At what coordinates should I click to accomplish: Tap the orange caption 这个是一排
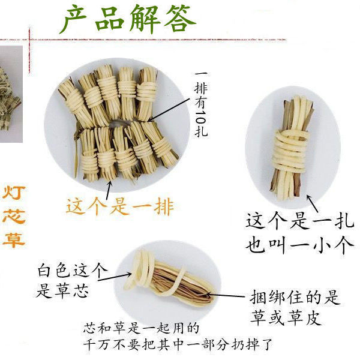[x=120, y=206]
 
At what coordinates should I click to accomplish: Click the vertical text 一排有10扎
[x=201, y=104]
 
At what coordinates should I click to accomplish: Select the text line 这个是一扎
[x=299, y=221]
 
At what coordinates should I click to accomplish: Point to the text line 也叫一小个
[x=299, y=245]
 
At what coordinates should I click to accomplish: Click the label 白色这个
[x=73, y=270]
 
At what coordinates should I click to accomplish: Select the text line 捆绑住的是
[x=295, y=297]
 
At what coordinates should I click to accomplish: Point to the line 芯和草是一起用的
[x=141, y=328]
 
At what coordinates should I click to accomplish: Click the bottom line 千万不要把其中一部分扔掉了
[x=178, y=344]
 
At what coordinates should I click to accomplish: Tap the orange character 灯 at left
[x=14, y=193]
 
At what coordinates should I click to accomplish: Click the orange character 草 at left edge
[x=14, y=240]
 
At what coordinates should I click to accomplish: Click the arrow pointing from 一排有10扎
[x=169, y=109]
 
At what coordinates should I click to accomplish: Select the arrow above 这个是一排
[x=109, y=190]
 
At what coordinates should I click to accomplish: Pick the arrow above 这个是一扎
[x=313, y=203]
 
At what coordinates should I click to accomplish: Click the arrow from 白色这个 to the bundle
[x=115, y=277]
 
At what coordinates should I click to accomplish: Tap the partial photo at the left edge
[x=11, y=94]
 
